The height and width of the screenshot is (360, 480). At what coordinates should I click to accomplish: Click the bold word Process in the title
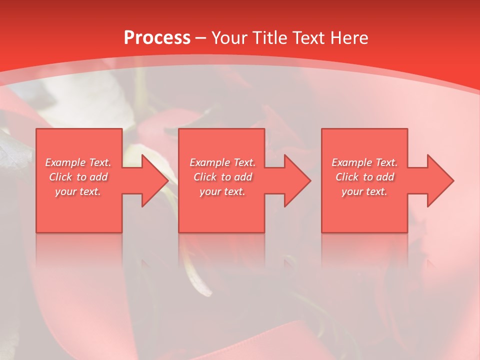pos(157,38)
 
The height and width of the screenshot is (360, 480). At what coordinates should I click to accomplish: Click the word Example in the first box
pos(65,162)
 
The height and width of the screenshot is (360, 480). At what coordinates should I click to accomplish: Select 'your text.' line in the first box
pos(78,191)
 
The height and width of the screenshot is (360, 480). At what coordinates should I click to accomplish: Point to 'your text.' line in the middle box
pos(222,191)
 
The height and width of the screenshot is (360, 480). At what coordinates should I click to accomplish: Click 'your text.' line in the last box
pos(364,191)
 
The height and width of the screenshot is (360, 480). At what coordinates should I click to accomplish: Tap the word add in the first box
pos(99,177)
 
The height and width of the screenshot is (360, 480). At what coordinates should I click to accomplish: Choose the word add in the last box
pos(385,177)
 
